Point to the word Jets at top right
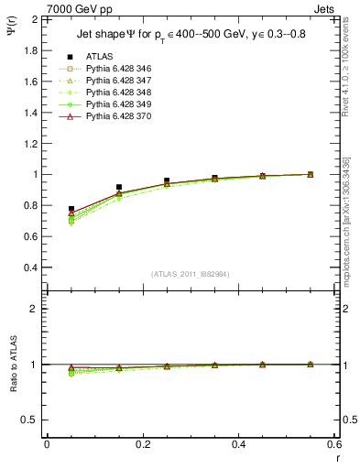(325, 7)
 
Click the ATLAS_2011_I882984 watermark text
(190, 275)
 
